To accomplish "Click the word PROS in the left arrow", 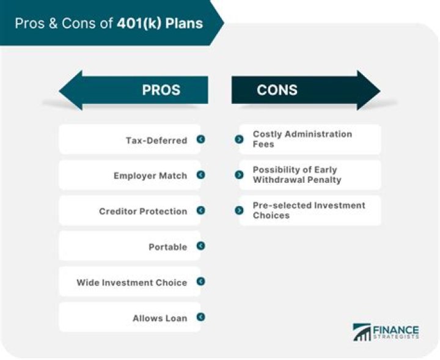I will pos(161,90).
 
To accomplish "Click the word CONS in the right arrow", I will pos(277,90).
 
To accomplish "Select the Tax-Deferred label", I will pos(156,140).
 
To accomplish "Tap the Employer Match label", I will pos(150,175).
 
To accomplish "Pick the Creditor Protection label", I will pos(143,211).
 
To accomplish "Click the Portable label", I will pos(168,247).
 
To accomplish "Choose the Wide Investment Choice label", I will pos(132,282).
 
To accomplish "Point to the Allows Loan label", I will pos(160,318).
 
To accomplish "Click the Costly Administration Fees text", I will pos(302,139).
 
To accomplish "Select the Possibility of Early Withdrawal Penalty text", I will pos(297,175).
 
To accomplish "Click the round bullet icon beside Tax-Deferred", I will pos(200,139).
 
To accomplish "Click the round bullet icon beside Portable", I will pos(200,246).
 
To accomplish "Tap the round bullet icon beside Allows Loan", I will pos(200,317).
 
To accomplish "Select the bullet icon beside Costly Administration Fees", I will pos(239,139).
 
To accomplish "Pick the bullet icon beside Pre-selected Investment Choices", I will pos(239,210).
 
